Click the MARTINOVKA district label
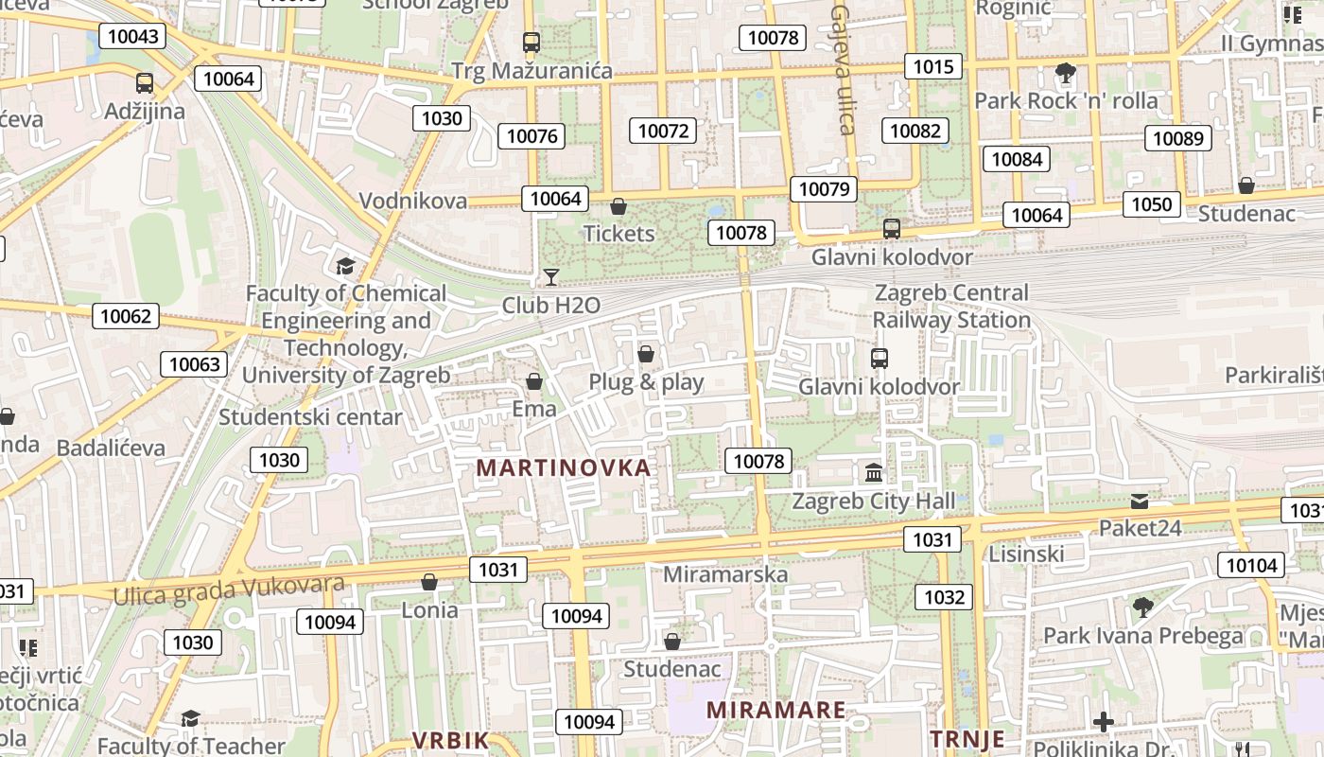click(564, 467)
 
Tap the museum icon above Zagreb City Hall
click(874, 471)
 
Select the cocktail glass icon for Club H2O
click(550, 276)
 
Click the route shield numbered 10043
click(132, 36)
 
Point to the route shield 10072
click(663, 131)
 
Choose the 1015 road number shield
click(933, 66)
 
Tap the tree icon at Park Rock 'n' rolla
click(1065, 72)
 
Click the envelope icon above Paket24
click(1140, 501)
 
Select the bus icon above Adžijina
click(145, 82)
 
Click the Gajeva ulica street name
click(843, 68)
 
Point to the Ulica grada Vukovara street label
click(229, 589)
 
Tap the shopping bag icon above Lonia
click(429, 581)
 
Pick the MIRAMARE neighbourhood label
click(776, 710)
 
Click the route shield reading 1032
click(944, 596)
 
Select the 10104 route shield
click(1251, 566)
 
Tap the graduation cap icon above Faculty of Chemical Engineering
click(345, 266)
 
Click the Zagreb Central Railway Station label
click(951, 307)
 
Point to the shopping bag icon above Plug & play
click(646, 354)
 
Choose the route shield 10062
click(126, 316)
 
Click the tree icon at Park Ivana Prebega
click(1142, 607)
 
